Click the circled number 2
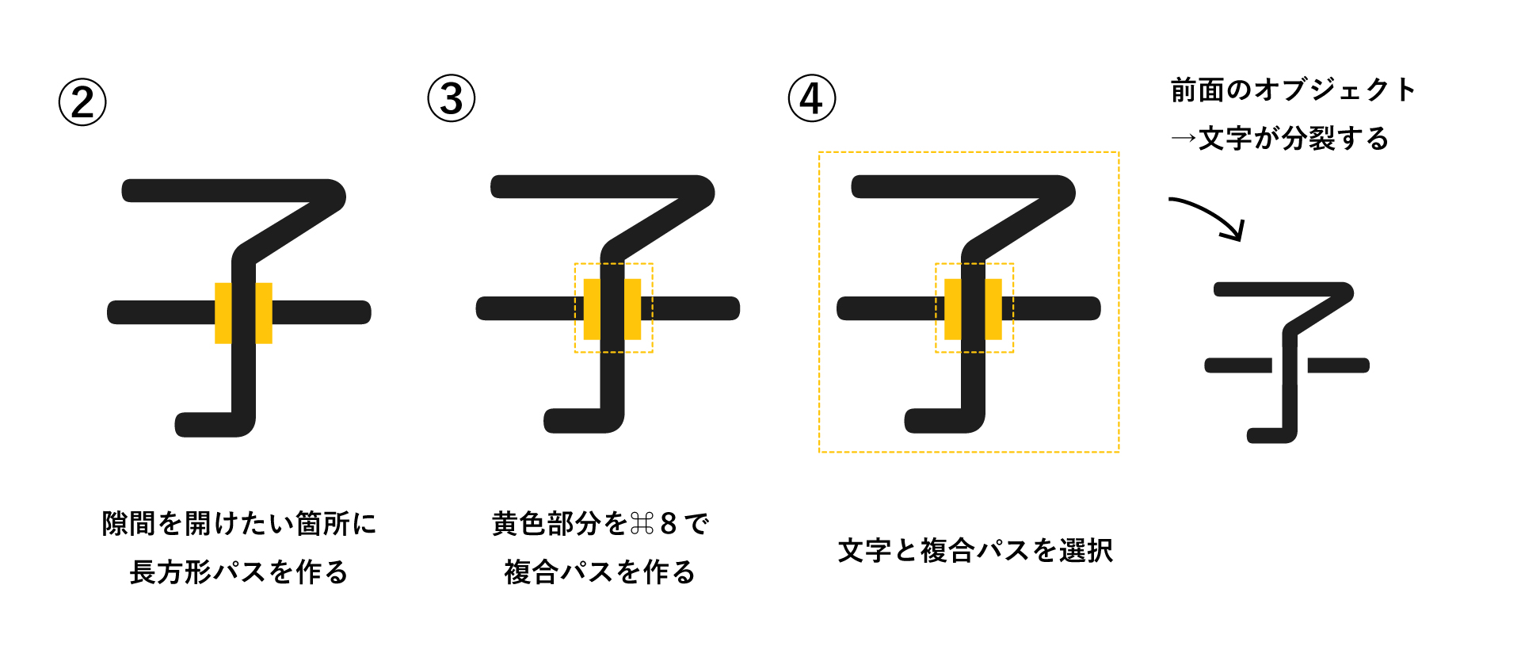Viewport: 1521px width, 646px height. (x=82, y=102)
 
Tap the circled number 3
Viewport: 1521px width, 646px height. (x=452, y=98)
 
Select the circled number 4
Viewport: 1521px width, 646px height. (x=812, y=98)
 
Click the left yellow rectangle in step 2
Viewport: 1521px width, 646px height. (x=223, y=313)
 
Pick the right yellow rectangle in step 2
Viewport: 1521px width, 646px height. (x=264, y=313)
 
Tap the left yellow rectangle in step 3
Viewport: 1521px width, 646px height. (x=592, y=309)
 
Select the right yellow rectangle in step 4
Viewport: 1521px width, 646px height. (x=993, y=309)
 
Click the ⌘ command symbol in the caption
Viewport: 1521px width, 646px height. (x=642, y=524)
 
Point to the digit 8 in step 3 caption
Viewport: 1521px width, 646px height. (x=669, y=524)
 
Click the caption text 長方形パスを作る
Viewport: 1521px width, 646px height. (x=238, y=571)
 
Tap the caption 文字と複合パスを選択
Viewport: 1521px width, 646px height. (x=975, y=550)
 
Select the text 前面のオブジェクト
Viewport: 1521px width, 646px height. (x=1293, y=90)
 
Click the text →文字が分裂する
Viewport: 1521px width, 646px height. (x=1279, y=139)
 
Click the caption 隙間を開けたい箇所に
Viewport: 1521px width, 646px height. (x=238, y=524)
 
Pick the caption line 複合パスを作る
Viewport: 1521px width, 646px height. (x=600, y=571)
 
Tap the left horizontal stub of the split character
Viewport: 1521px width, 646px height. (x=1238, y=365)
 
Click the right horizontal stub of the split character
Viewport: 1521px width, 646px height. (x=1339, y=365)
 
